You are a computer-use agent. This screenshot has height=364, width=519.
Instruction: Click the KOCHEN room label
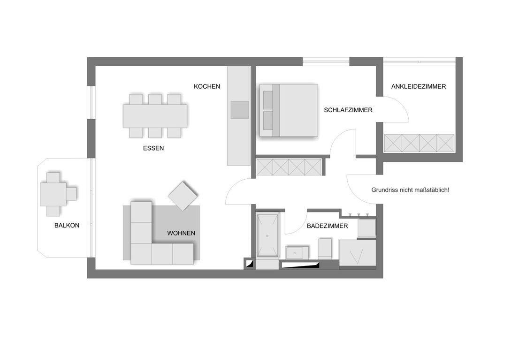tap(207, 86)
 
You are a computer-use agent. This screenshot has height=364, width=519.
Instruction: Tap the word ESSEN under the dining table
tap(153, 148)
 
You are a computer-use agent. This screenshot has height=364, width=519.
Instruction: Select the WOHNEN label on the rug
tap(181, 233)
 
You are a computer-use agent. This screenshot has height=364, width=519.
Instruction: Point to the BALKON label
tap(67, 225)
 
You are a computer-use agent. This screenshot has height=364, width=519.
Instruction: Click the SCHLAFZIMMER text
tap(348, 110)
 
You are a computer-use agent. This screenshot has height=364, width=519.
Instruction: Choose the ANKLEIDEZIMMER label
tap(419, 86)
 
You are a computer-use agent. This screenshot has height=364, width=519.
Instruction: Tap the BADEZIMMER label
tap(328, 226)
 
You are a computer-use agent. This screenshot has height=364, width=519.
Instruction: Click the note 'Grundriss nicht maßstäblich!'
tap(411, 190)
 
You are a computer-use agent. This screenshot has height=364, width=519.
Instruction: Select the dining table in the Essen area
tap(155, 116)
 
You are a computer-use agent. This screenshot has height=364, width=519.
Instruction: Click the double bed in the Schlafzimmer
tap(289, 110)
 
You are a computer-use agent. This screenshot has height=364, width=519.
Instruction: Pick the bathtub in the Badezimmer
tap(267, 235)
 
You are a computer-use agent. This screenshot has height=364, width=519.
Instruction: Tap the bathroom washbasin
tap(297, 253)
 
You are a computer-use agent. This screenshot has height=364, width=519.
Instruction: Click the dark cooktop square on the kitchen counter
tap(240, 110)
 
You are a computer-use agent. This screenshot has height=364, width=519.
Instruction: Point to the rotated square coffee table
tap(183, 196)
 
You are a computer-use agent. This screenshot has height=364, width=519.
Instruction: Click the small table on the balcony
tap(53, 194)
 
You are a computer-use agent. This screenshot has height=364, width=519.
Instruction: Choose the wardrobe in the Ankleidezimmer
tap(419, 143)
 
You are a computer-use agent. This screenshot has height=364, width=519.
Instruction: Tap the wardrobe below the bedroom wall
tap(289, 167)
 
